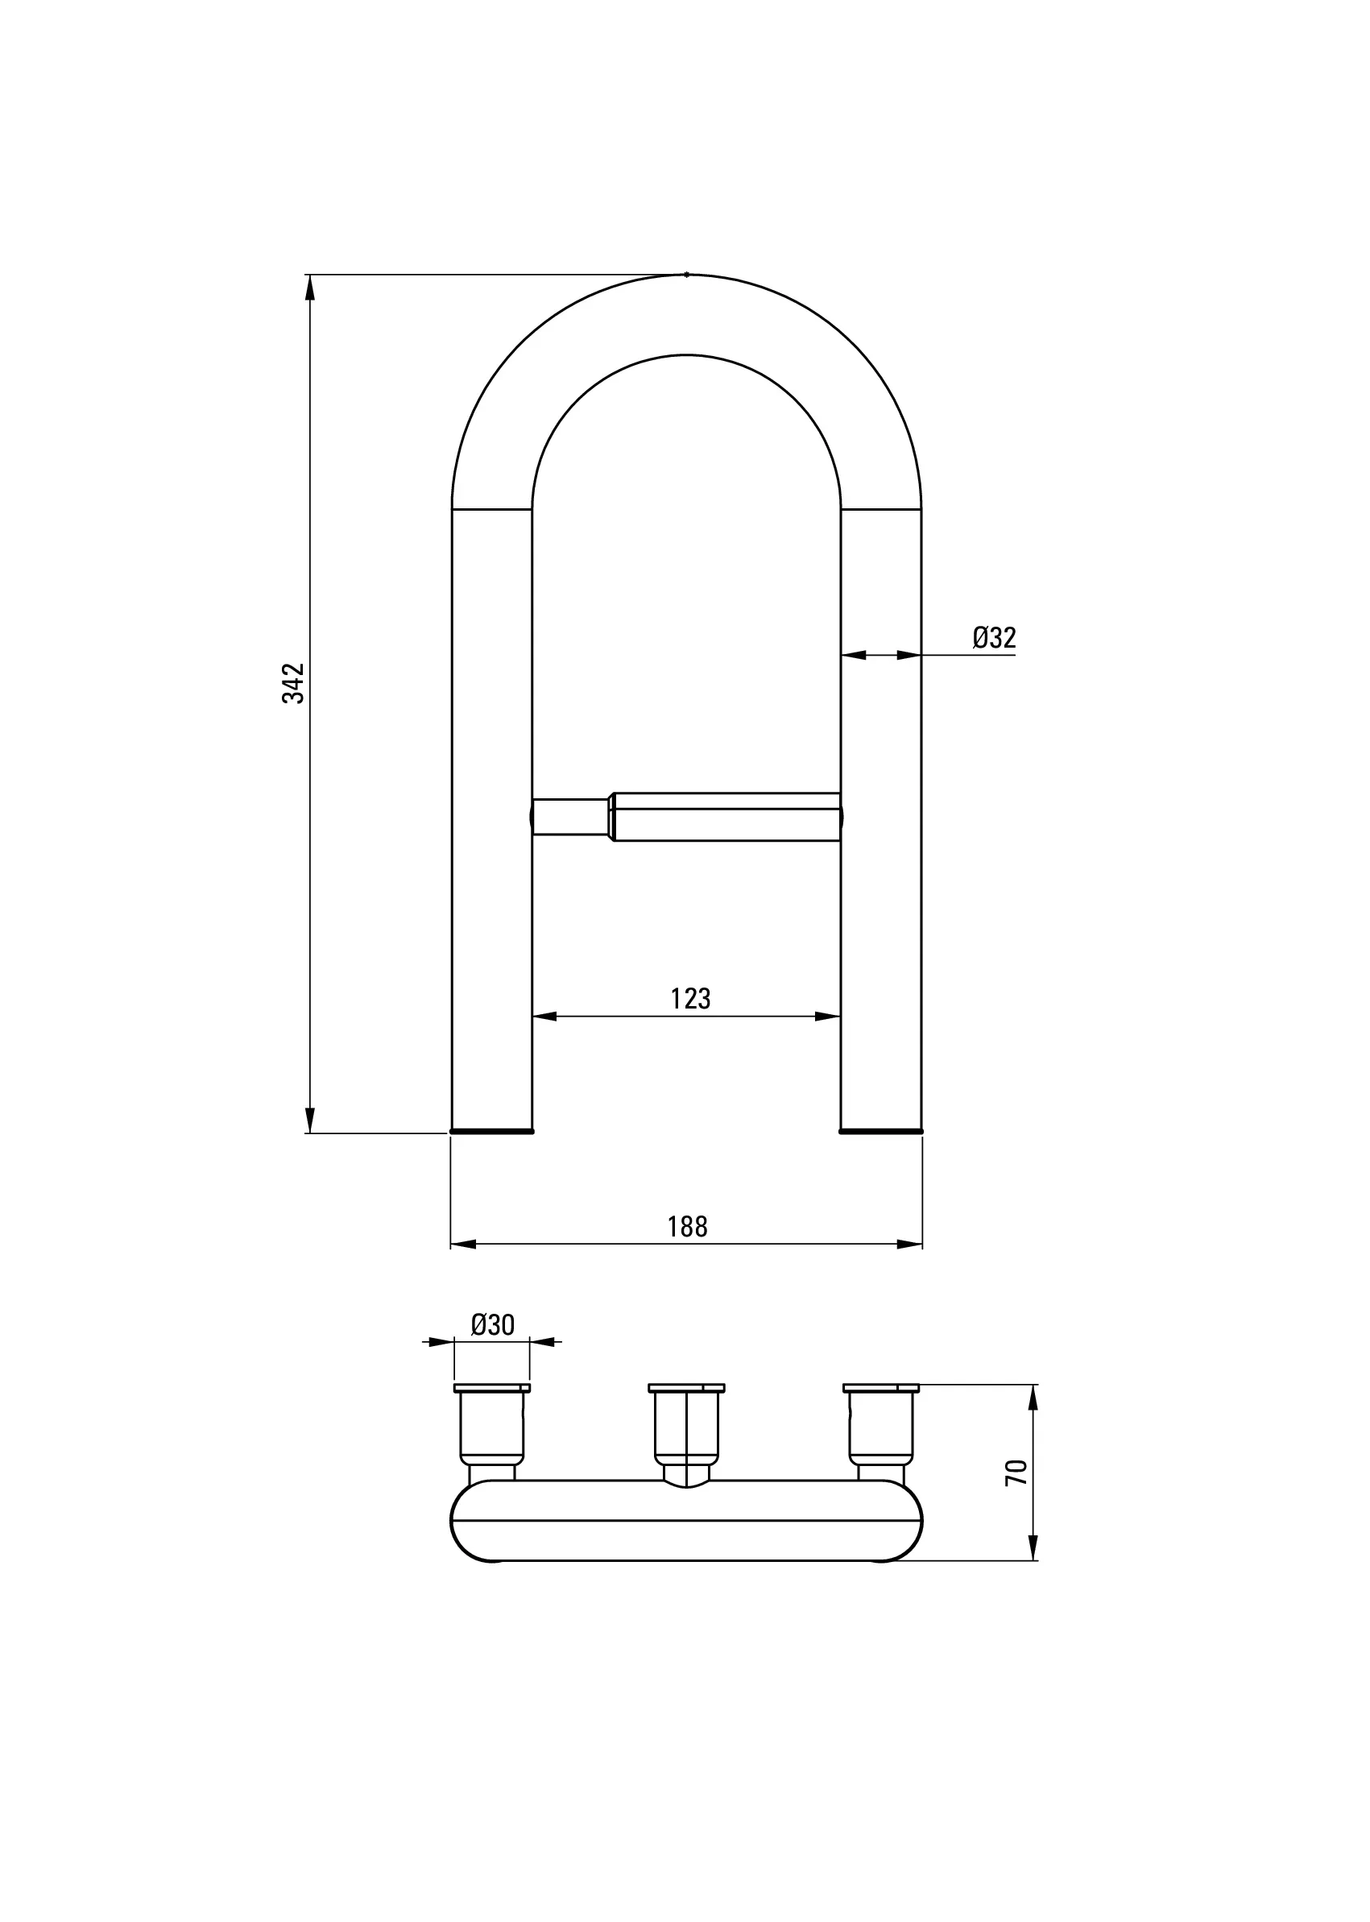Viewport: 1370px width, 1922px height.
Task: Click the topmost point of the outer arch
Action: pyautogui.click(x=687, y=274)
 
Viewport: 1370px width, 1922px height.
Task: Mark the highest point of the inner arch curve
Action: pyautogui.click(x=687, y=354)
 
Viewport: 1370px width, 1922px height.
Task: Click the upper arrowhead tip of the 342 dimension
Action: pyautogui.click(x=309, y=275)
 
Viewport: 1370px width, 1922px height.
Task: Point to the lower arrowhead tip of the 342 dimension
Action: pyautogui.click(x=309, y=1133)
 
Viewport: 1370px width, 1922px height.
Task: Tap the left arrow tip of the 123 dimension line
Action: pyautogui.click(x=533, y=1017)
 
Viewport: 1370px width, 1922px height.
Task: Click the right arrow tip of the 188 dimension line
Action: pyautogui.click(x=922, y=1244)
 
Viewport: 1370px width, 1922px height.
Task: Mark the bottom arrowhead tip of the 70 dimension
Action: pyautogui.click(x=1033, y=1560)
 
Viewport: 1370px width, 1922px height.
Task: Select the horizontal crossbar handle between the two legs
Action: pyautogui.click(x=687, y=817)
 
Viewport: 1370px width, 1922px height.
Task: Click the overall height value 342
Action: pyautogui.click(x=292, y=683)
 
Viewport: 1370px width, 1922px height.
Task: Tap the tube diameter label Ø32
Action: pyautogui.click(x=994, y=638)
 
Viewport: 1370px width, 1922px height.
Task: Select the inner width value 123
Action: pyautogui.click(x=691, y=999)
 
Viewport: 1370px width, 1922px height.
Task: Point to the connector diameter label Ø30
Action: pyautogui.click(x=493, y=1325)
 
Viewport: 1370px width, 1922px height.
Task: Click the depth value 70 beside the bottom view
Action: pyautogui.click(x=1017, y=1473)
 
